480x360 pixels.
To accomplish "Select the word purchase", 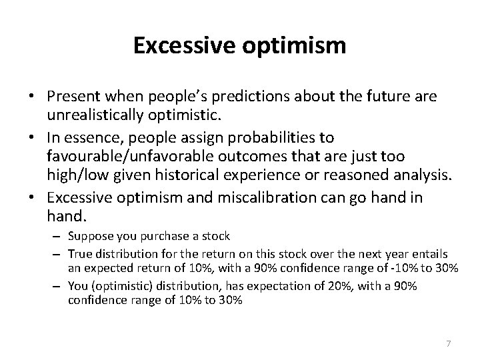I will coord(171,235).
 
